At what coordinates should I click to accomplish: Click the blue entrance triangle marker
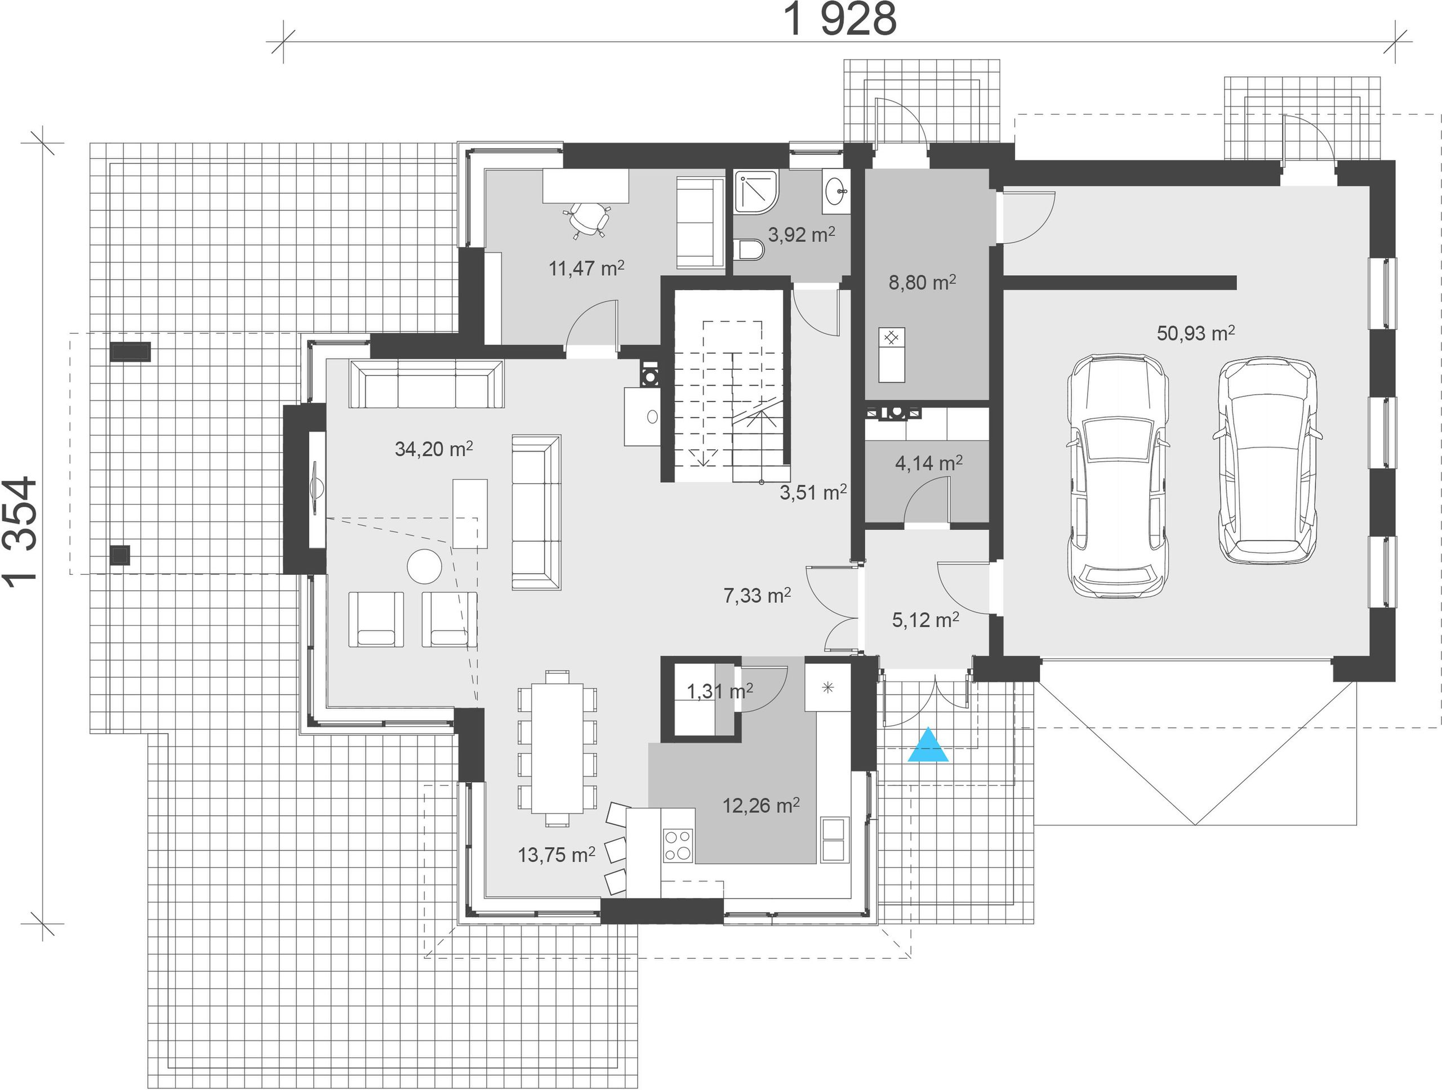click(928, 747)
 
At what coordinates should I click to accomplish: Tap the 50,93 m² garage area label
click(1196, 333)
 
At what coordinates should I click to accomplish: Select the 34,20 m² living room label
click(434, 449)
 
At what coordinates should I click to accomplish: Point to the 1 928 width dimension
click(841, 20)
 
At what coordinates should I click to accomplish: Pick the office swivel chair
click(587, 219)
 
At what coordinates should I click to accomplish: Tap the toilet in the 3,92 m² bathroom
click(750, 249)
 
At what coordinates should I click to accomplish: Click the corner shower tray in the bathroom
click(758, 192)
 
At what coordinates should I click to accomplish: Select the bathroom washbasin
click(836, 192)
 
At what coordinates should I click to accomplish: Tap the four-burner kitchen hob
click(678, 845)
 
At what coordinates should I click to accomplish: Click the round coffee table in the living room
click(424, 567)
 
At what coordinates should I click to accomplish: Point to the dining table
click(558, 747)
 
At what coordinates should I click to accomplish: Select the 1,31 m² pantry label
click(720, 691)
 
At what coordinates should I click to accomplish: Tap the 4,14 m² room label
click(929, 463)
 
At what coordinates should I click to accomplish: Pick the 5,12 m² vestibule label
click(925, 619)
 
